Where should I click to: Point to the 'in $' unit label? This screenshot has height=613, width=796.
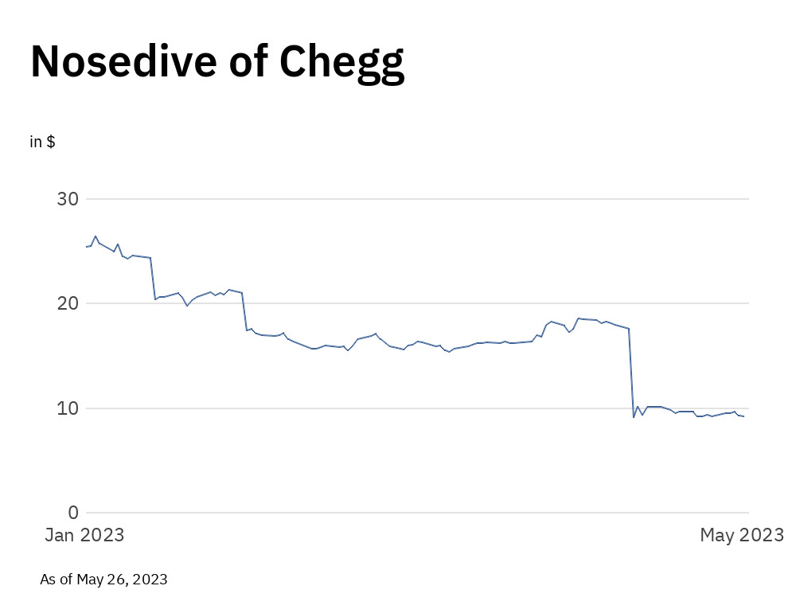(x=42, y=142)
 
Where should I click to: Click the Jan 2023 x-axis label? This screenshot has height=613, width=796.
(x=84, y=535)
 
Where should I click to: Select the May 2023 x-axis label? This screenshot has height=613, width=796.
(x=742, y=535)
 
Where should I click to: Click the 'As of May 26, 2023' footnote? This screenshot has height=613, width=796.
(x=103, y=579)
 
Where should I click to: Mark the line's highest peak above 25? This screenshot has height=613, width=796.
(x=96, y=236)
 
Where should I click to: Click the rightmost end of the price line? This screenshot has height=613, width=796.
(x=743, y=416)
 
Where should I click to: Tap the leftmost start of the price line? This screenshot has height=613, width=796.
(x=85, y=247)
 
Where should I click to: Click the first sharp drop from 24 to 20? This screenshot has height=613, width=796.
(x=153, y=279)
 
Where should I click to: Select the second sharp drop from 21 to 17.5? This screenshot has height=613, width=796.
(x=244, y=311)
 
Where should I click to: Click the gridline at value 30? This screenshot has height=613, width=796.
(x=414, y=198)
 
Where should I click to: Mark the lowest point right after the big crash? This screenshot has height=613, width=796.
(x=634, y=417)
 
